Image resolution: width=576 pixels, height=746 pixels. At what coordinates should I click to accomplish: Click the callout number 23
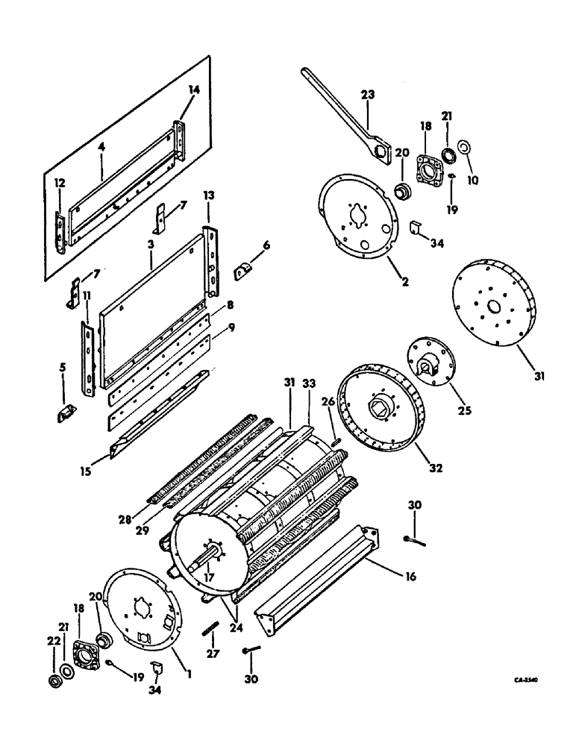[x=368, y=94]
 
